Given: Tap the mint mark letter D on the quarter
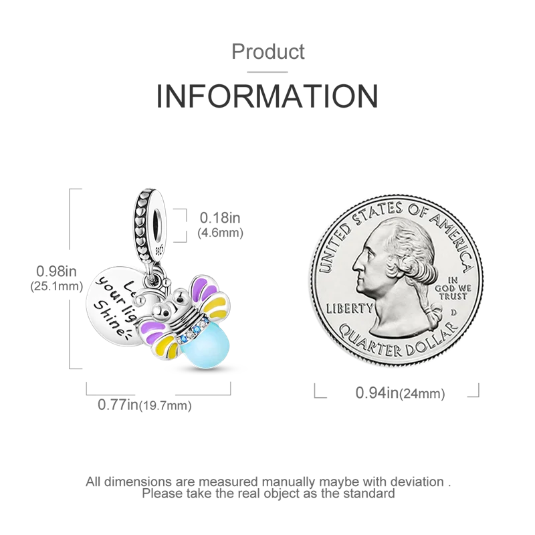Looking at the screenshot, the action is (453, 312).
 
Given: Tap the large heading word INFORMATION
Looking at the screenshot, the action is (267, 96).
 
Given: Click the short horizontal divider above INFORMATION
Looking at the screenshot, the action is (267, 70).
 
